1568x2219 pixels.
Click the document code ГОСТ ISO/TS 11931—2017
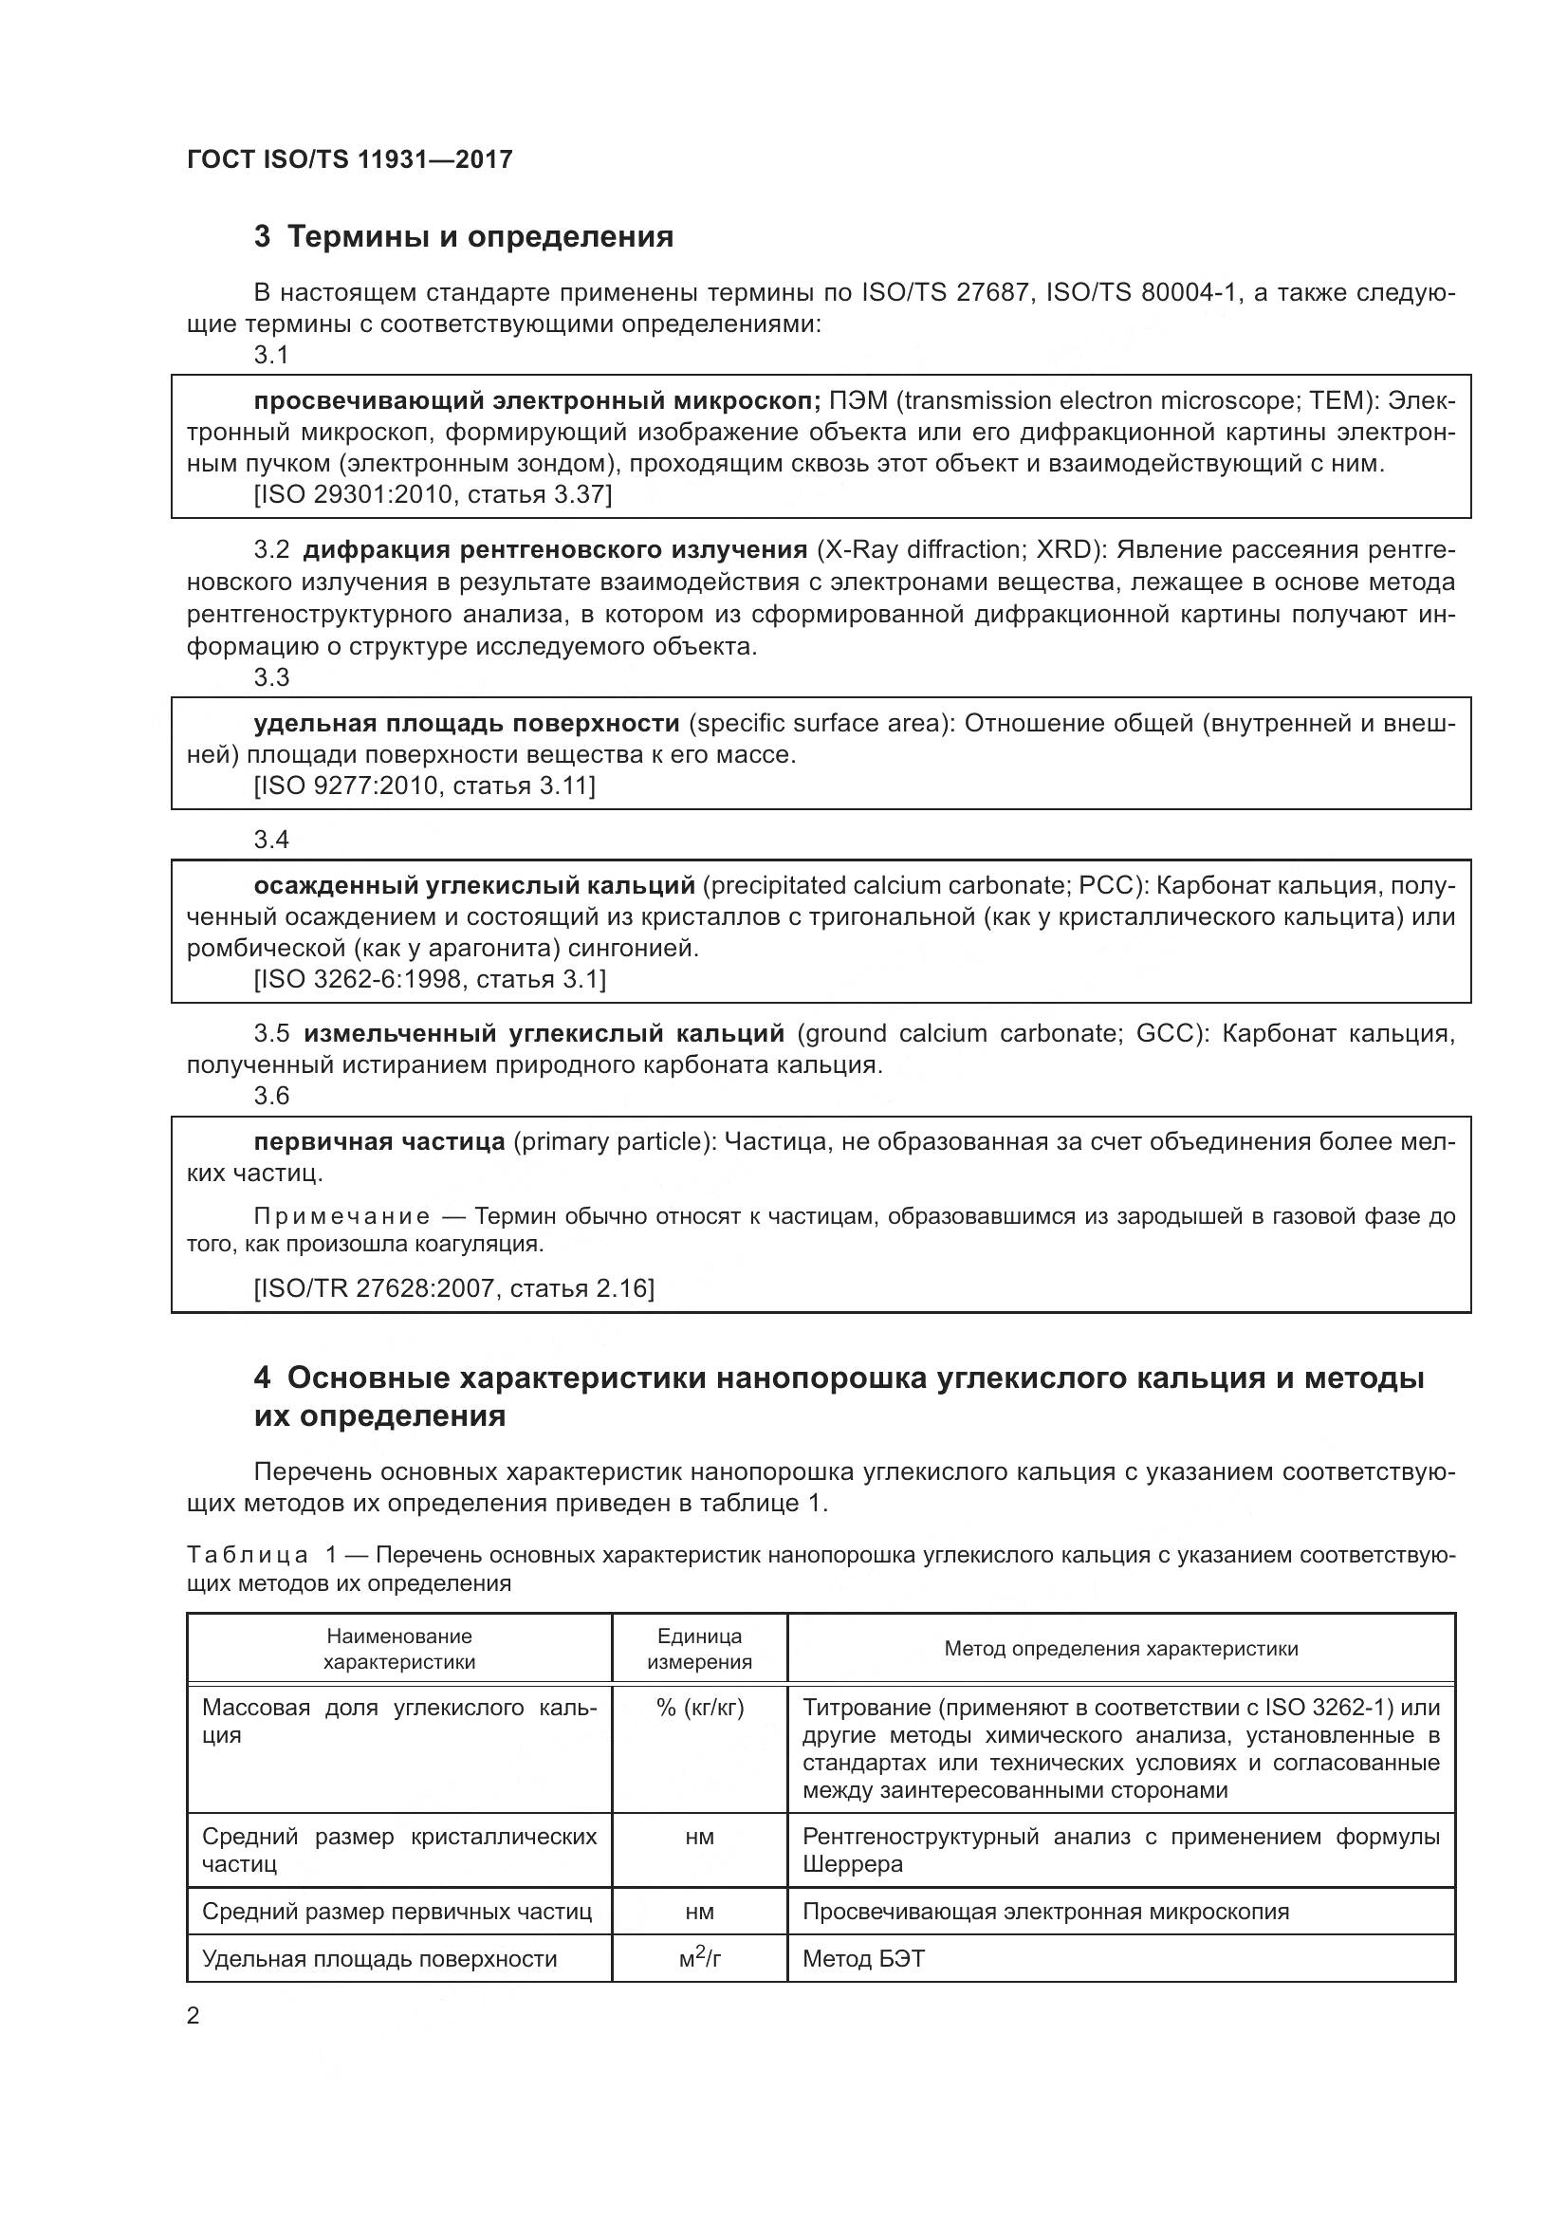tap(349, 159)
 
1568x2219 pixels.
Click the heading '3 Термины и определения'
tap(464, 237)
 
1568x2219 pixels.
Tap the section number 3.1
tap(271, 355)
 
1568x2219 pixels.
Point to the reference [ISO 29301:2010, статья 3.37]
tap(433, 495)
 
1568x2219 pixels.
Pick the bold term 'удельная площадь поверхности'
tap(467, 724)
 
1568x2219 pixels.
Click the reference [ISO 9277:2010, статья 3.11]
tap(424, 786)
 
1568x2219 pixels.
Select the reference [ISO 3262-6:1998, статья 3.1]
tap(430, 979)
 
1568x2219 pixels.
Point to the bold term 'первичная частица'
tap(378, 1142)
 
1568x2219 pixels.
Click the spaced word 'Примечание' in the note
tap(341, 1217)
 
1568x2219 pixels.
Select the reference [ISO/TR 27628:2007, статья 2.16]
tap(454, 1288)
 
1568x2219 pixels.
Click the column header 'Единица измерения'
tap(699, 1649)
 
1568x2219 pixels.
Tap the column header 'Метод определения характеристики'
tap(1120, 1649)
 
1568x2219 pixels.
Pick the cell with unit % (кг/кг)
tap(699, 1708)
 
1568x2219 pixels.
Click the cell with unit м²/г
tap(699, 1959)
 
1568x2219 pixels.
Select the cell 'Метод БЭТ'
tap(864, 1959)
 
